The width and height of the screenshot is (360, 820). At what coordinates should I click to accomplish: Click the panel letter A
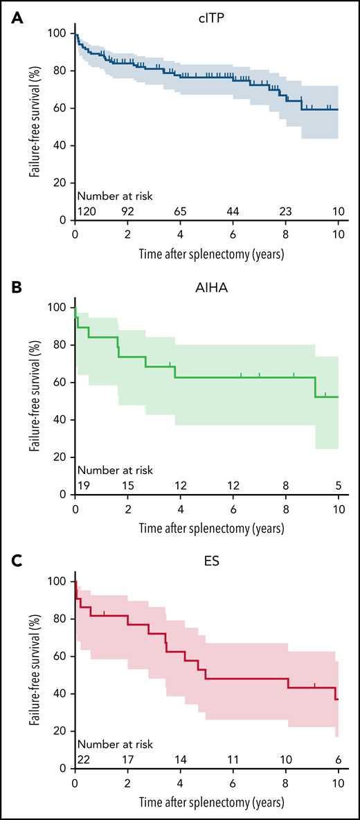(15, 15)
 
